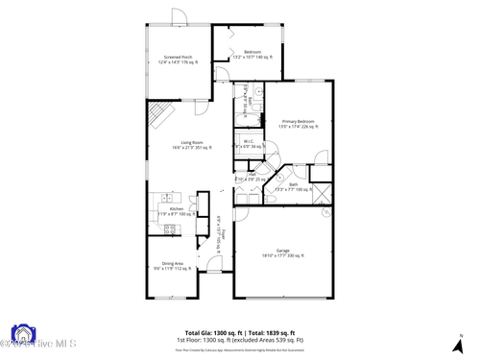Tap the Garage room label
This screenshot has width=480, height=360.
[x=283, y=252]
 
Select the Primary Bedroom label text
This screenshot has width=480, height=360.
[x=298, y=124]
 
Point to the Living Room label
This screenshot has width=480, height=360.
[x=190, y=145]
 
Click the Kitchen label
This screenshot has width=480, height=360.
[x=176, y=210]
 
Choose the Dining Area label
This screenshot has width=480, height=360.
[x=173, y=266]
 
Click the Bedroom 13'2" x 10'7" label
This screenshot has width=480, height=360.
[x=252, y=55]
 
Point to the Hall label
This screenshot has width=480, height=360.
[x=251, y=177]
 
